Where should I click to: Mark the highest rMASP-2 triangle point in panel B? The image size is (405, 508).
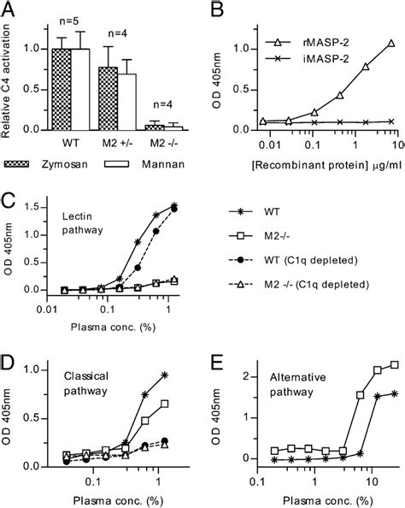391,42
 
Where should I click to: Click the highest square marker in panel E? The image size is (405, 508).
393,388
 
